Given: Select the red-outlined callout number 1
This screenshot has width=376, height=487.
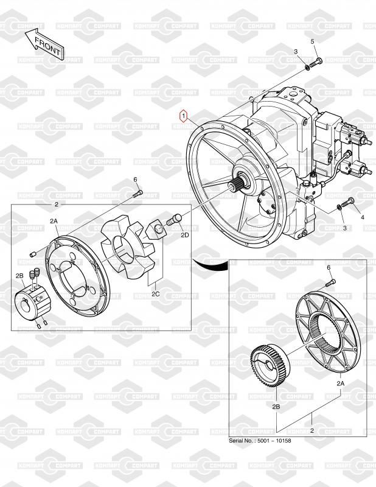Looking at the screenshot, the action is point(184,116).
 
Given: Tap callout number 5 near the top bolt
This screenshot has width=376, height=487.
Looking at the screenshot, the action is point(312,41).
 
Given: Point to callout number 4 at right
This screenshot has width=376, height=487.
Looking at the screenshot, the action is point(363,217).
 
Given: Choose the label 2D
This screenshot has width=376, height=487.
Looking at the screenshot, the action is point(185,236).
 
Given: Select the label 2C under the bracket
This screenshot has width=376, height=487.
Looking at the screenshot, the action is point(156,293).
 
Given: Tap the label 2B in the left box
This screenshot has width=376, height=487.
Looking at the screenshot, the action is point(19,276).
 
